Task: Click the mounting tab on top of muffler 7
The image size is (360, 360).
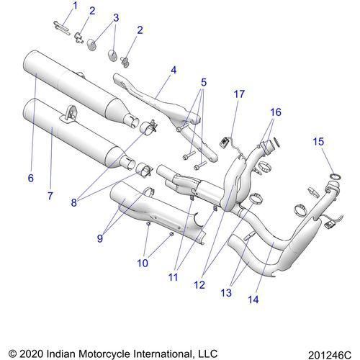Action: click(71, 112)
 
